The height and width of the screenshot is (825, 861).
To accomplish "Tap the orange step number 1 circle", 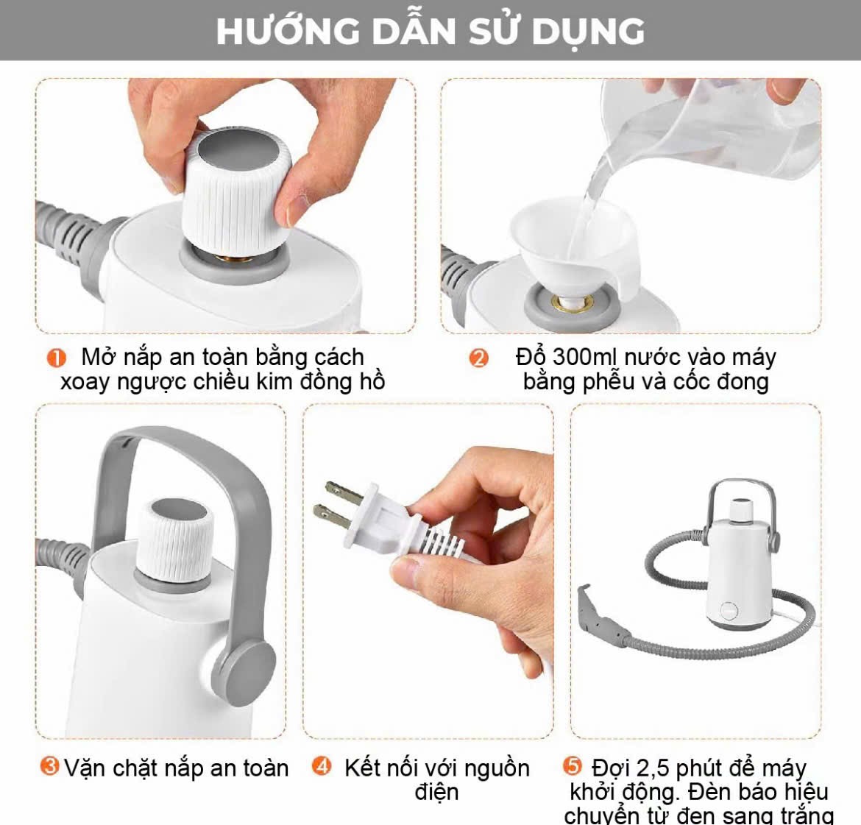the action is [56, 358].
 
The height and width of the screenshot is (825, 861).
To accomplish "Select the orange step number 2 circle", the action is [478, 358].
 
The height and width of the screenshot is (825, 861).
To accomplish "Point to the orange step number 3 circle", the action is [49, 765].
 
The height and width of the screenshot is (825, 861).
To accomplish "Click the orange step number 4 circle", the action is [322, 765].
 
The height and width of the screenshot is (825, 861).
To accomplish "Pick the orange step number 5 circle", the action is [573, 765].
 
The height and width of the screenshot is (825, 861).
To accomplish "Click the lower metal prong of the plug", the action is [331, 517].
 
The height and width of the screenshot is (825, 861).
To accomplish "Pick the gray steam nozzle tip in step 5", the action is [593, 611].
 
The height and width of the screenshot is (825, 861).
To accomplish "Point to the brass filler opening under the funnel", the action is [573, 302].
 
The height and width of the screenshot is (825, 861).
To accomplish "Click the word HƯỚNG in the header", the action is [288, 32].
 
